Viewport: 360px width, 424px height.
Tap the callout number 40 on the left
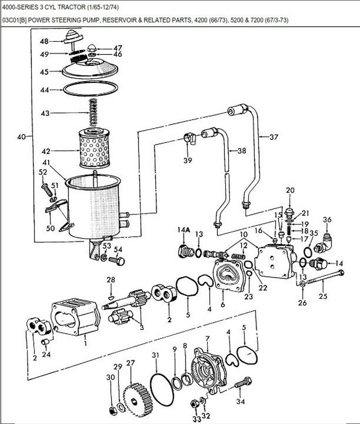click(21, 137)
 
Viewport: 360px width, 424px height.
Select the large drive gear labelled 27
click(138, 397)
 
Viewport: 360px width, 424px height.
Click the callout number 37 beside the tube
click(274, 137)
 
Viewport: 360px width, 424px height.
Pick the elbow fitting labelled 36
click(324, 243)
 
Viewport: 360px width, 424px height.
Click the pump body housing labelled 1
click(76, 316)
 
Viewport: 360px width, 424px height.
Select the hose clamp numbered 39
click(190, 137)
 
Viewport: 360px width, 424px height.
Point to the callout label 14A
click(184, 230)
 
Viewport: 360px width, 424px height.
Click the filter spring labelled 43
click(93, 112)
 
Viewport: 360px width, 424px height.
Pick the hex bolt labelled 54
click(117, 261)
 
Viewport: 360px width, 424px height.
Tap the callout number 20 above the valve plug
click(290, 190)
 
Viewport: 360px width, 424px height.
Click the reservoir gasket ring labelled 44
click(90, 89)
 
